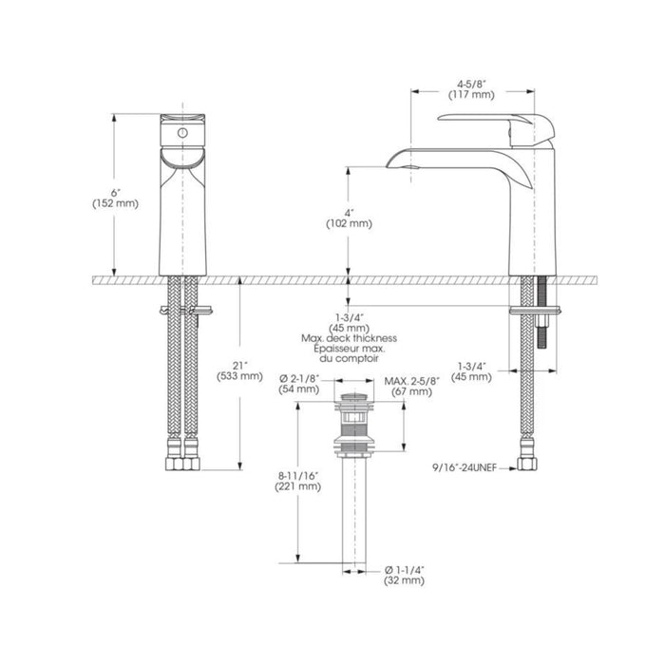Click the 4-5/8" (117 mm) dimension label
pyautogui.click(x=471, y=89)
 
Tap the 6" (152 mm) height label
pyautogui.click(x=115, y=199)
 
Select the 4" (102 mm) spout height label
pyautogui.click(x=349, y=218)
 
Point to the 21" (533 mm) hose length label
pyautogui.click(x=239, y=371)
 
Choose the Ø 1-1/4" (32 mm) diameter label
pyautogui.click(x=404, y=575)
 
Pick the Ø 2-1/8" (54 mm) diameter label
pyautogui.click(x=299, y=384)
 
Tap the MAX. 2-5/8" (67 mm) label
pyautogui.click(x=411, y=386)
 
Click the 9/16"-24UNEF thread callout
pyautogui.click(x=465, y=468)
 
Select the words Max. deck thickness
pyautogui.click(x=349, y=338)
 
